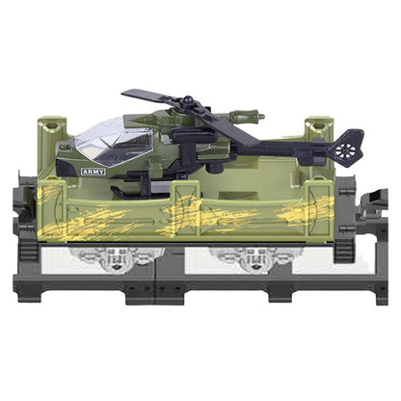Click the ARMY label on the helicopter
click(x=94, y=172)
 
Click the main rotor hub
click(x=186, y=103)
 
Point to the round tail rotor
click(x=346, y=150)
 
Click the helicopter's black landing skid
click(x=142, y=192)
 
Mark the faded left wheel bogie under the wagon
click(x=113, y=258)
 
